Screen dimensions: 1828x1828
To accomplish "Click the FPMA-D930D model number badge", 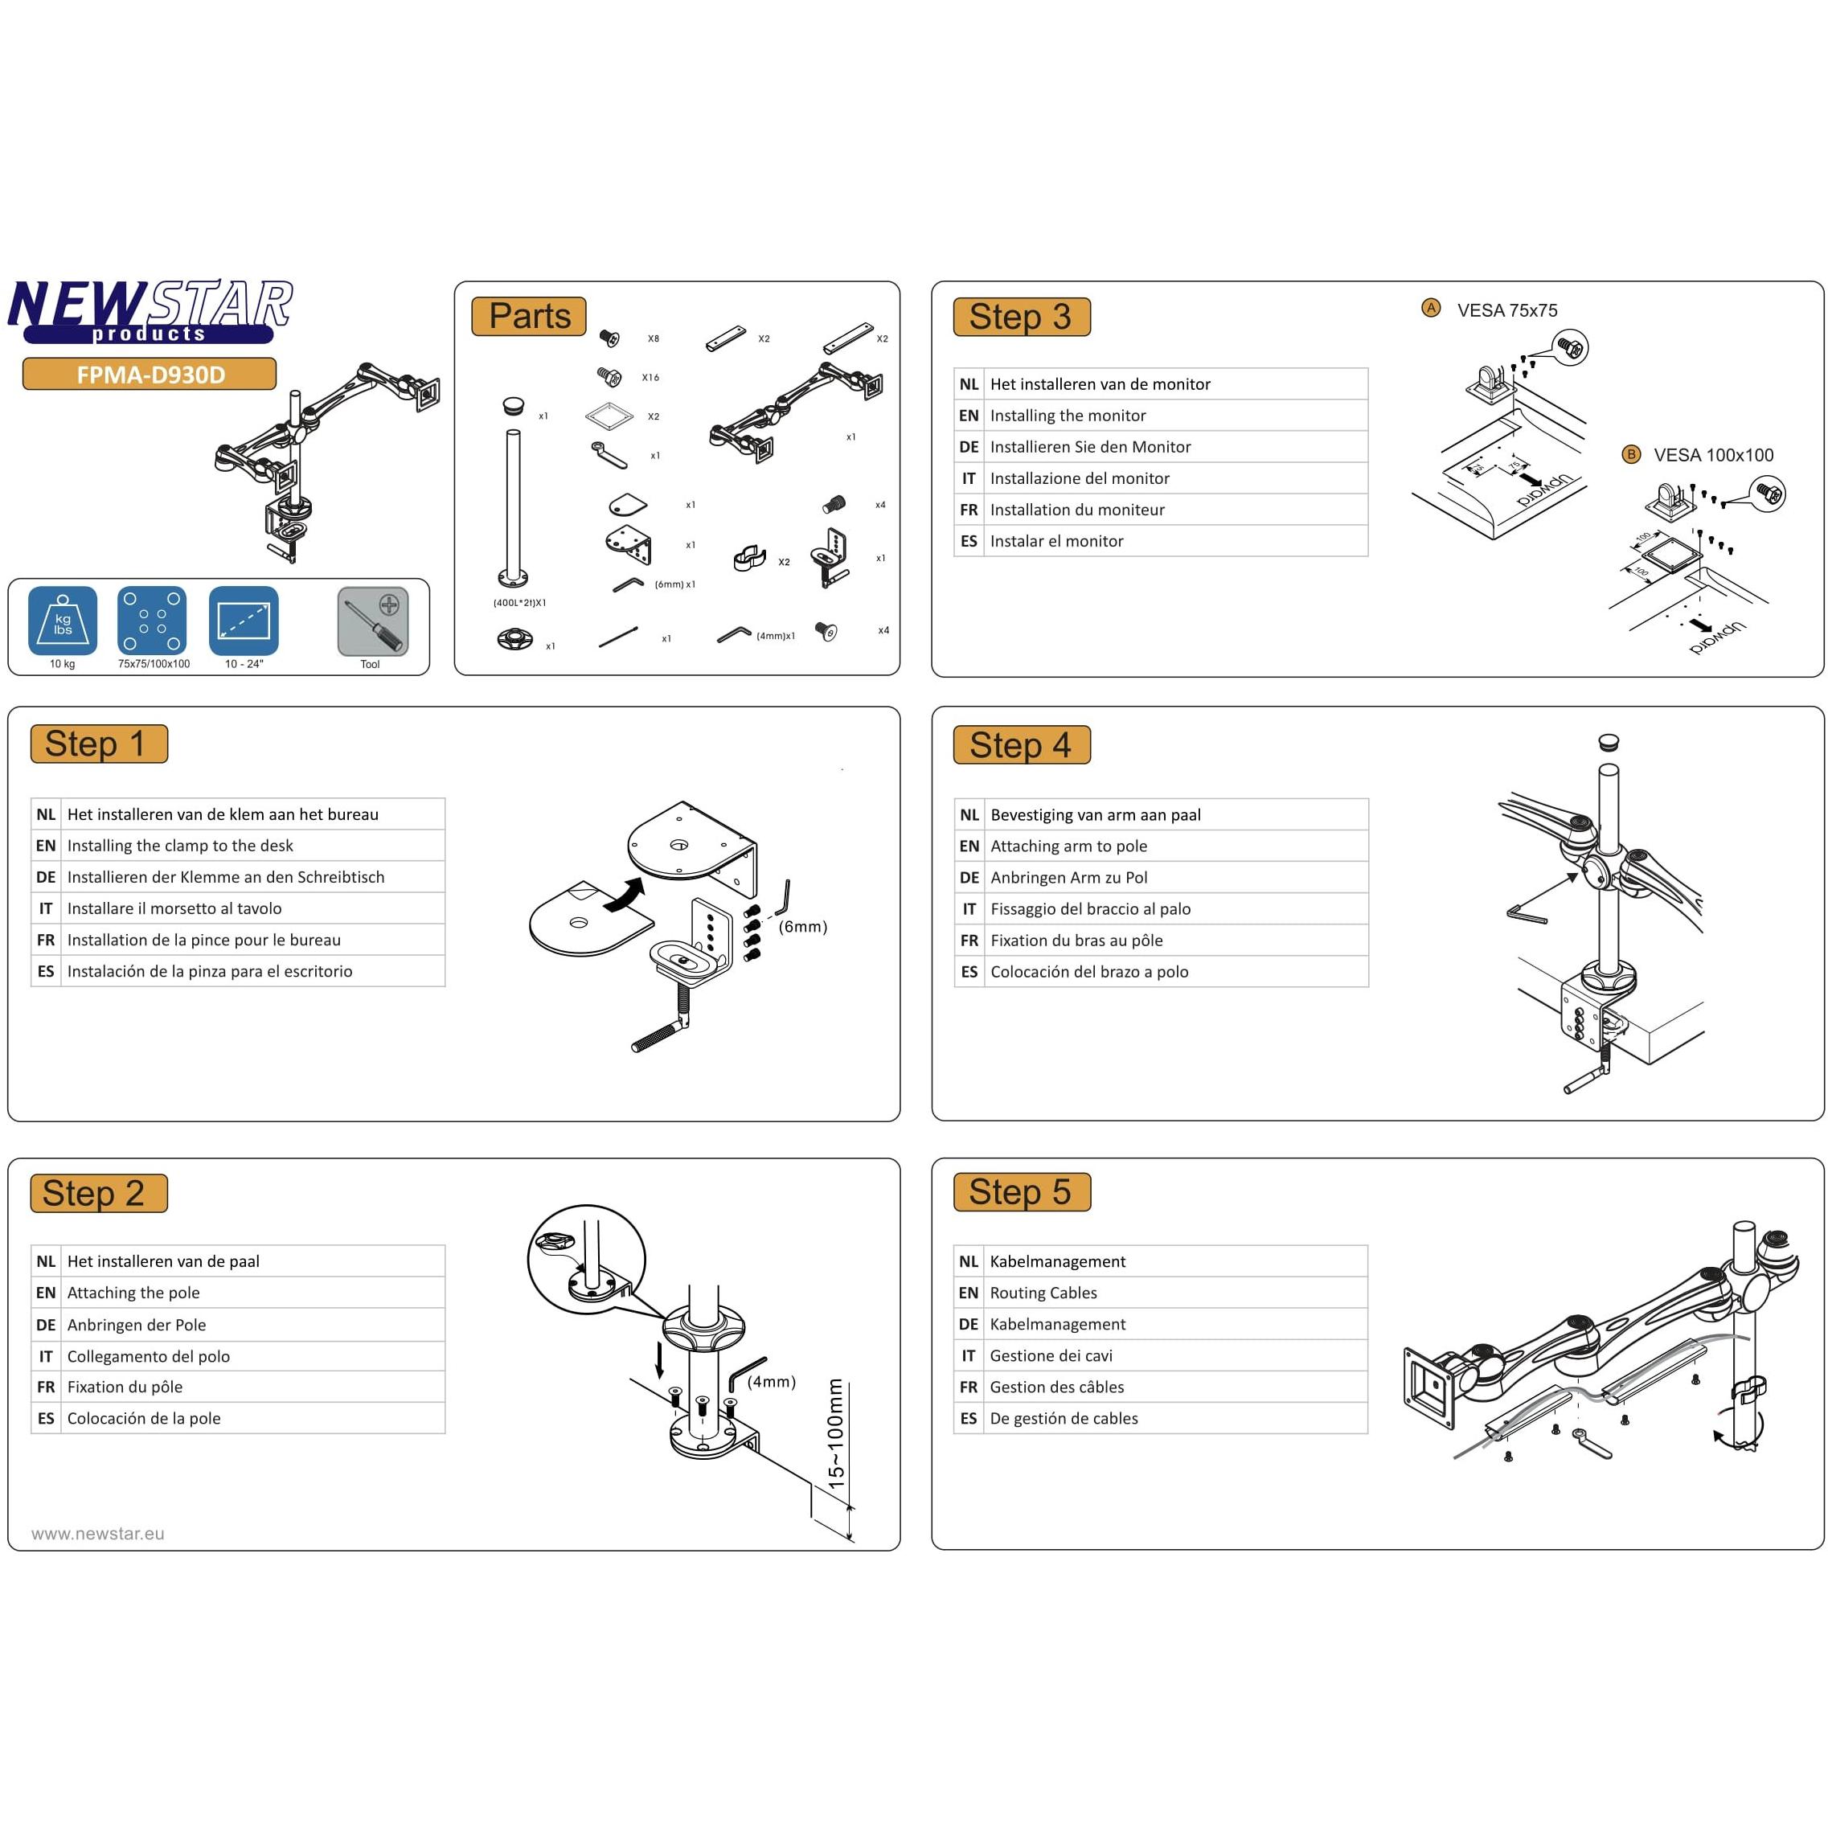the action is coord(150,374).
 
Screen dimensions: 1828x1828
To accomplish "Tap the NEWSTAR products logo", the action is coord(150,310).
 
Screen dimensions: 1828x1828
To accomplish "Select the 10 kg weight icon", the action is coord(63,621).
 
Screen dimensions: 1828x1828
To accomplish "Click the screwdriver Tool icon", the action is coord(373,621).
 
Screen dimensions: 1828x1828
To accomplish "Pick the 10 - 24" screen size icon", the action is coord(244,621).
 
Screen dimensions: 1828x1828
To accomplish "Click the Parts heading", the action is coord(529,316).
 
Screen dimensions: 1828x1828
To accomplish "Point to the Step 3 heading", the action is coord(1021,317).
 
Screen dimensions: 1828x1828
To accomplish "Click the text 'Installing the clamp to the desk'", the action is coord(180,845).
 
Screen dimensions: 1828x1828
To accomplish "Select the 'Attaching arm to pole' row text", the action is coord(1068,846).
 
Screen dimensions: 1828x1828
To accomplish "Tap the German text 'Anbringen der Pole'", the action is coord(136,1325).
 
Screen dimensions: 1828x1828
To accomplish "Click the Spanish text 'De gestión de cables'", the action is coord(1064,1418).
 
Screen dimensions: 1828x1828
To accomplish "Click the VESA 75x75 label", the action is coord(1507,310).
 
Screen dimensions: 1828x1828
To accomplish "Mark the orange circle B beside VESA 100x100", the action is coord(1631,454).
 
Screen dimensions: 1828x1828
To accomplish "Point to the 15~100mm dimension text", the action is coord(835,1434).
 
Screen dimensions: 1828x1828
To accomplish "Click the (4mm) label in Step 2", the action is coord(771,1381).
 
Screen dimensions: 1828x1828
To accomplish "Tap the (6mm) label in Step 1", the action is coord(802,926).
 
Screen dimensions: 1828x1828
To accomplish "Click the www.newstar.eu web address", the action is coord(97,1534).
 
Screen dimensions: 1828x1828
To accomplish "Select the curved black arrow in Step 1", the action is coord(624,895).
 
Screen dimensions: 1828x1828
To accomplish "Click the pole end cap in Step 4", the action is coord(1608,741).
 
